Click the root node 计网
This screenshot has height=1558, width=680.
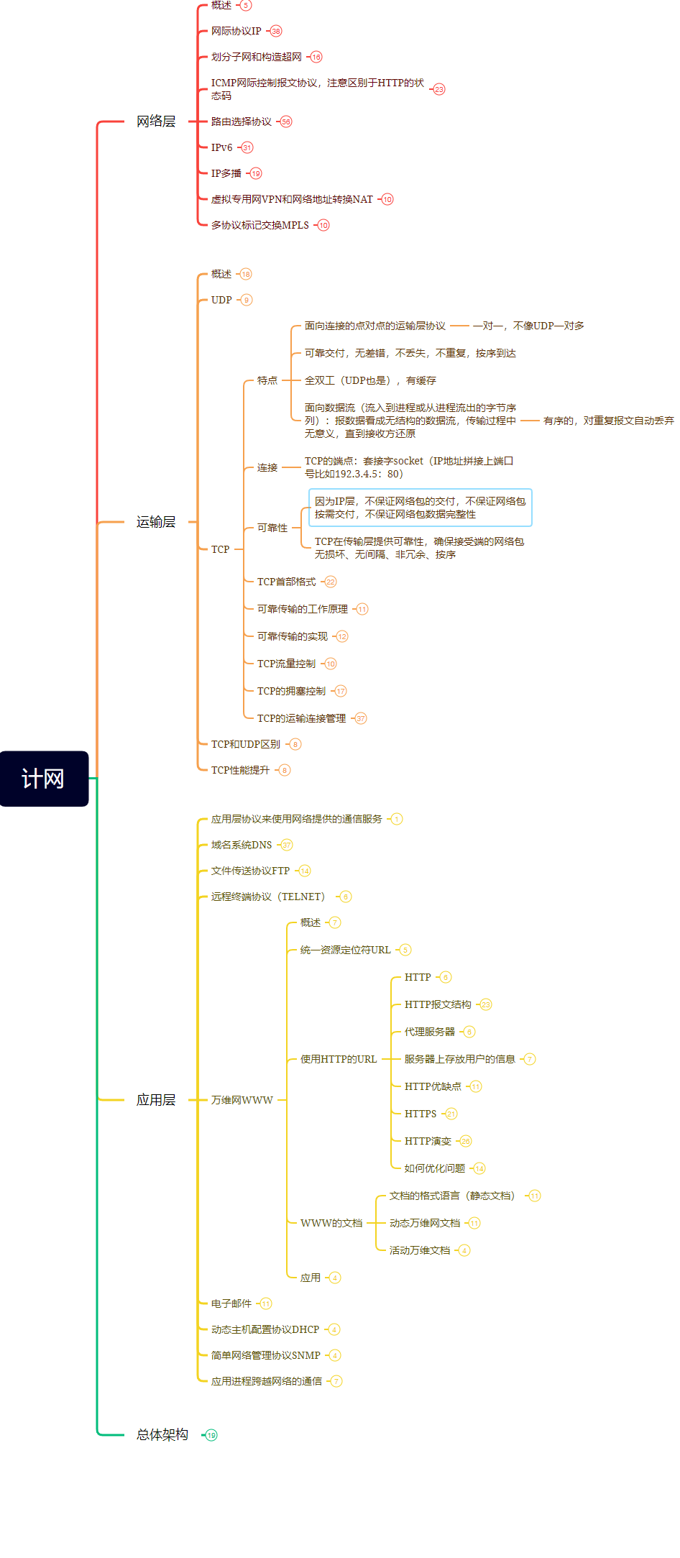click(44, 779)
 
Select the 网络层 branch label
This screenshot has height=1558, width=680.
click(156, 122)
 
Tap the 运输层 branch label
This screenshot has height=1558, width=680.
click(156, 522)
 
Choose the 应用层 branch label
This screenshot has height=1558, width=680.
click(156, 1100)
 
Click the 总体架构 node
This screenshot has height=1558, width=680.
click(162, 1434)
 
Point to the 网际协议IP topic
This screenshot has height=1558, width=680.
click(236, 31)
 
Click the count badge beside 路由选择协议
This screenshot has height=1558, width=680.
click(286, 122)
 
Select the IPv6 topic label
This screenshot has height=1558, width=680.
click(221, 147)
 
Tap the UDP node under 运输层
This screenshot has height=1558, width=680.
click(221, 300)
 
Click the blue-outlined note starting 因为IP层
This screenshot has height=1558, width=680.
click(421, 508)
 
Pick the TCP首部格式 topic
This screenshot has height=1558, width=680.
click(286, 582)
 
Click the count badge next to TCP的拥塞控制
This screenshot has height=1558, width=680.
click(341, 691)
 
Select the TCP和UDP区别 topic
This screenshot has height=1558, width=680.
click(245, 744)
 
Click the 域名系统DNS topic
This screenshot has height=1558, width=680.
click(242, 845)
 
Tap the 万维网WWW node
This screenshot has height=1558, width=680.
click(242, 1100)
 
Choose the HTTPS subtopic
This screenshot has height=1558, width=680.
click(421, 1114)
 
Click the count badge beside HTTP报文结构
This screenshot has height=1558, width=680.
click(486, 1004)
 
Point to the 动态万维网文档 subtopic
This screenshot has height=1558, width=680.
click(424, 1223)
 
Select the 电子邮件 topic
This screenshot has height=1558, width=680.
click(231, 1303)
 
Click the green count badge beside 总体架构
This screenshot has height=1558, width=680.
click(211, 1435)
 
